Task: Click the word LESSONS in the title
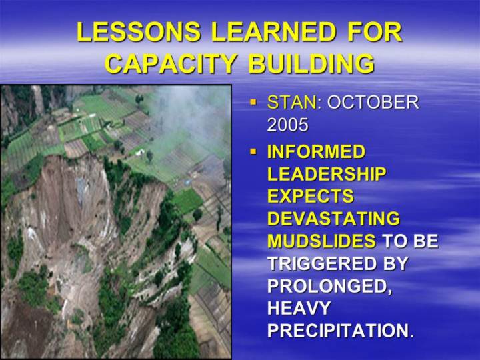click(139, 32)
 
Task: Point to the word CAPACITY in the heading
click(171, 63)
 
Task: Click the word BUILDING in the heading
click(311, 63)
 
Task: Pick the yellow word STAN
click(292, 102)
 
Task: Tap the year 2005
click(287, 125)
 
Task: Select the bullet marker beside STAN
click(253, 101)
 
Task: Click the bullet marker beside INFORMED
click(253, 151)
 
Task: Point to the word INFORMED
click(316, 152)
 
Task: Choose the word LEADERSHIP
click(326, 174)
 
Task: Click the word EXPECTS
click(311, 196)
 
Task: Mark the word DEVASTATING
click(334, 219)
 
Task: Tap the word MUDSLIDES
click(321, 241)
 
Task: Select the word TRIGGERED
click(318, 263)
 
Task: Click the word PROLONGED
click(330, 286)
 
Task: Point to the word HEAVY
click(299, 308)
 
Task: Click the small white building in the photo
click(140, 151)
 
